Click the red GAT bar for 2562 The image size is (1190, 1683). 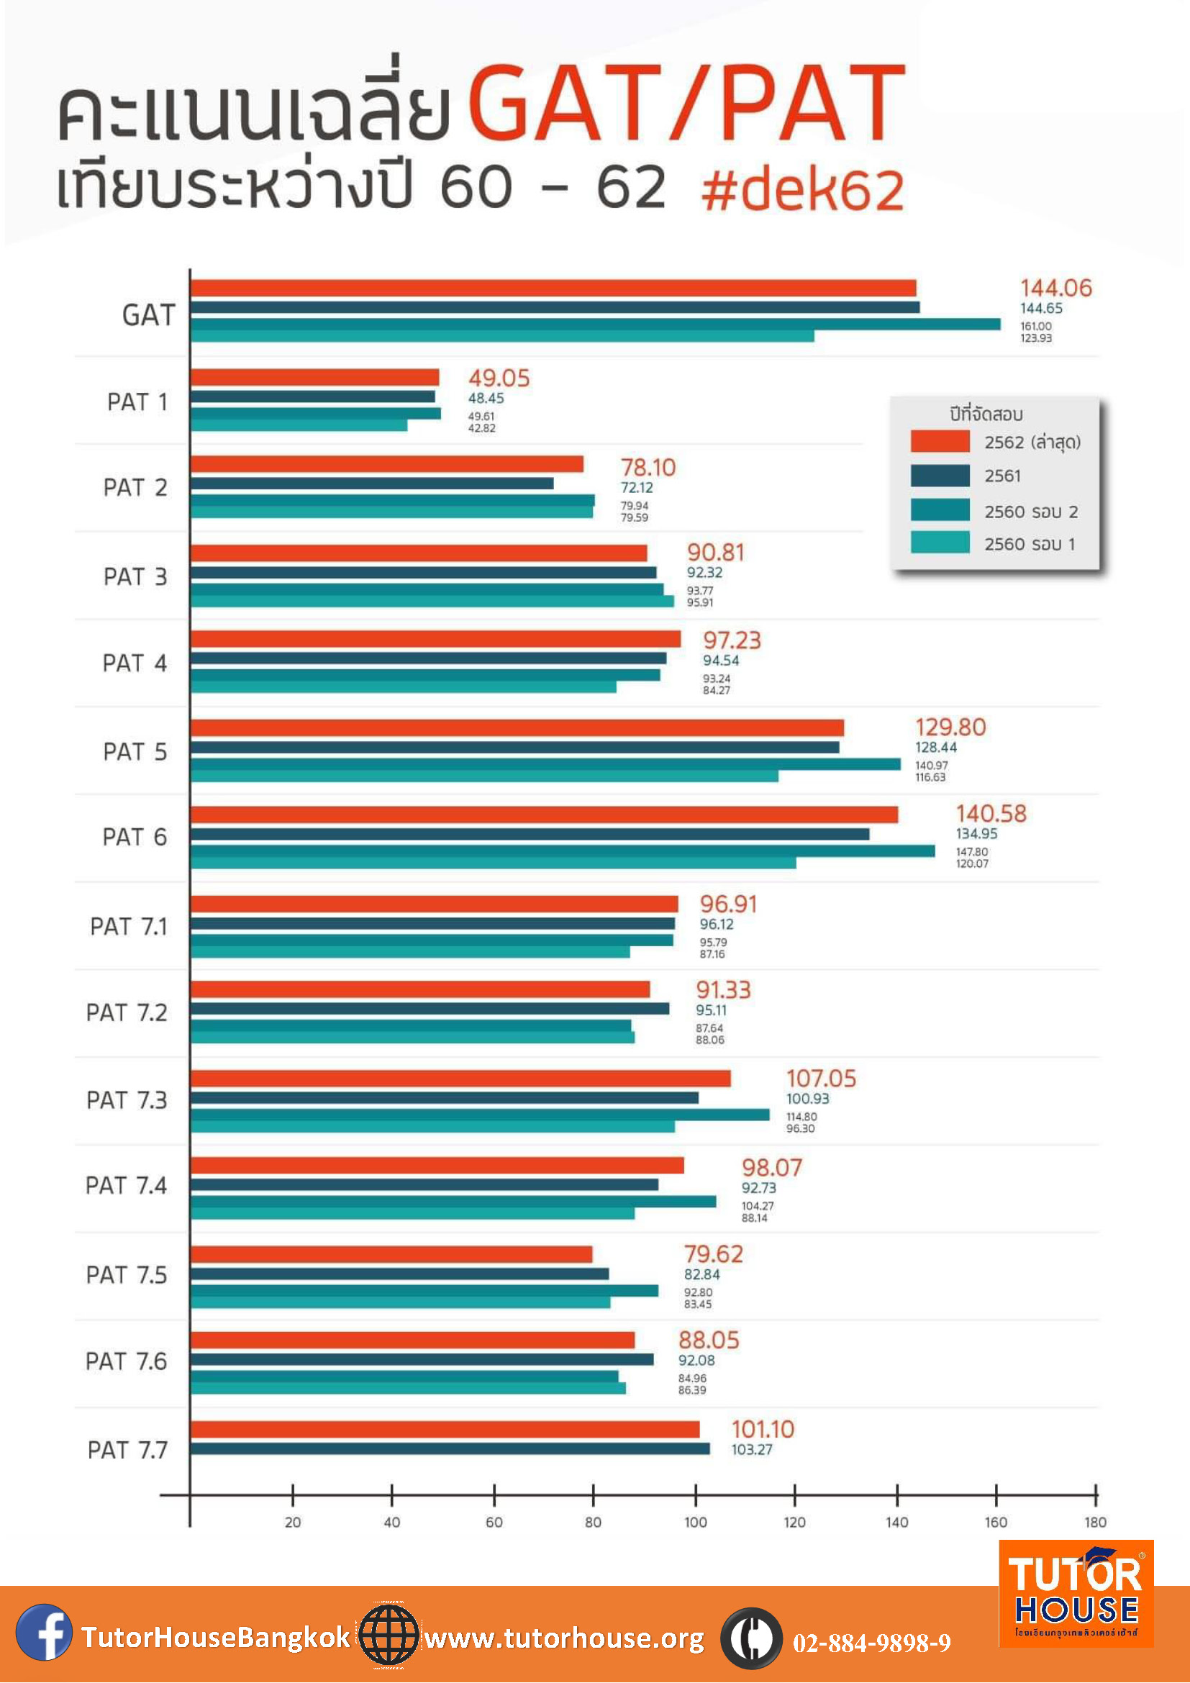(x=553, y=288)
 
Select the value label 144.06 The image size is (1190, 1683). (x=1056, y=288)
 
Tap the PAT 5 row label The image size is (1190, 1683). (x=135, y=751)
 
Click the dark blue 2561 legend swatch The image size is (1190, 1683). (x=940, y=476)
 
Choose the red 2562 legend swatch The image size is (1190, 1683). (x=940, y=441)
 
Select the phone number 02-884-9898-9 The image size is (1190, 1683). (x=872, y=1643)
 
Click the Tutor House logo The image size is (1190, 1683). (x=1076, y=1594)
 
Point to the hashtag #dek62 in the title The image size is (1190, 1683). (x=802, y=190)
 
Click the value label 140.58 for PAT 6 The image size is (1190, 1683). (x=991, y=813)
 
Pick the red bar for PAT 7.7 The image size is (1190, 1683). (x=445, y=1430)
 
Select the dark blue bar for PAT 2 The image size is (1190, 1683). (x=372, y=484)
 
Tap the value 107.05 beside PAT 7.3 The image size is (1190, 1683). (x=821, y=1079)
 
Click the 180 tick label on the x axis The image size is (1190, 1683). (x=1096, y=1522)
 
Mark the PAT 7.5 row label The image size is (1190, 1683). (x=126, y=1275)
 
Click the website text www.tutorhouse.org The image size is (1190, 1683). (x=564, y=1638)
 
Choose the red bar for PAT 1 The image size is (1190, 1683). (x=314, y=378)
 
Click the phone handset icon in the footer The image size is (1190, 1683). (x=751, y=1638)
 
